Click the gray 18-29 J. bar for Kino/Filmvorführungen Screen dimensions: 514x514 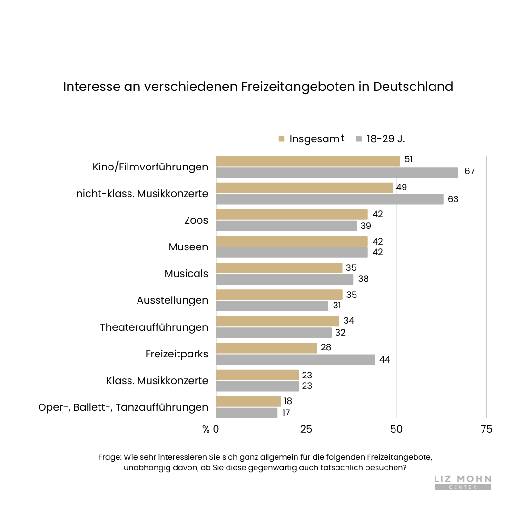pos(336,172)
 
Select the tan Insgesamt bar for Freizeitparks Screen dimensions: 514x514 pos(267,348)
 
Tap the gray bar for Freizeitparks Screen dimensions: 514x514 pos(295,359)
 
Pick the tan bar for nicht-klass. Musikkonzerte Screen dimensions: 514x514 pos(304,188)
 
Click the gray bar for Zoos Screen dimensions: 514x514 pos(286,226)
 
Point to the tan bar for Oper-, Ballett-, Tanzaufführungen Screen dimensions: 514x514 pos(248,401)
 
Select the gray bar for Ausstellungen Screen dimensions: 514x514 pos(272,306)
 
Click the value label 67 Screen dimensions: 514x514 pos(470,171)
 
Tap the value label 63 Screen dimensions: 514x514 pos(453,199)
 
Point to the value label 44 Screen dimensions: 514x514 pos(385,360)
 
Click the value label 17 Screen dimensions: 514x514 pos(286,413)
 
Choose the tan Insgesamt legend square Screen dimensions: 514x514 pos(281,139)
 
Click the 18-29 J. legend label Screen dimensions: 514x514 pos(385,139)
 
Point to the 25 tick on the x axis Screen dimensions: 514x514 pos(306,429)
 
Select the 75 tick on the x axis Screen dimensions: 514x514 pos(486,429)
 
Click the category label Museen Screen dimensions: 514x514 pos(188,247)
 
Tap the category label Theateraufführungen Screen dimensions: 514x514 pos(154,327)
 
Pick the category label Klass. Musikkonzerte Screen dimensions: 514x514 pos(157,381)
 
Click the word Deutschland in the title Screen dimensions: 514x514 pos(413,87)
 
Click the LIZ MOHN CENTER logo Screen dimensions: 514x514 pos(463,482)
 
